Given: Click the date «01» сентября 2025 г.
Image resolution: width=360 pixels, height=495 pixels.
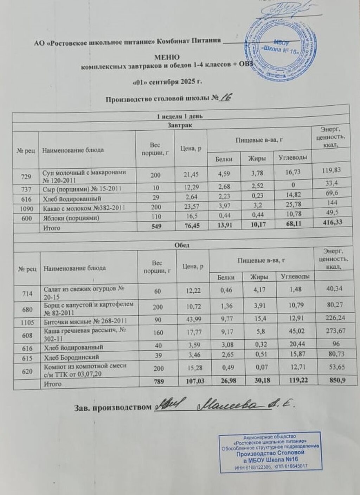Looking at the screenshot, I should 167,83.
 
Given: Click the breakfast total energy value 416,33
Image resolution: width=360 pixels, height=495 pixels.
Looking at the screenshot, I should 329,222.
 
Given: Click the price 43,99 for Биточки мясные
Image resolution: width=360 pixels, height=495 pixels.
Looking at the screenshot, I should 192,321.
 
